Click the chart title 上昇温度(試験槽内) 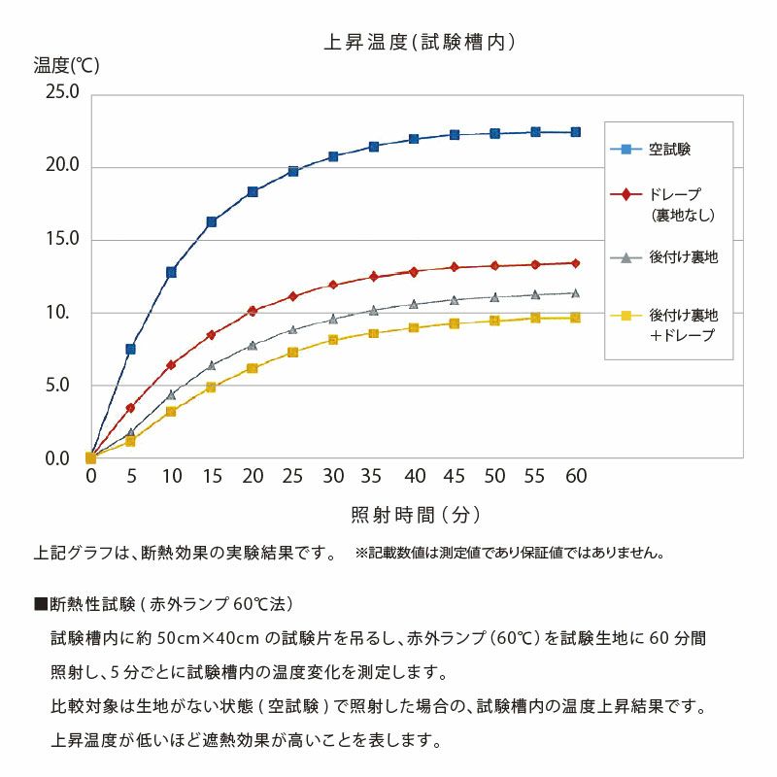[x=419, y=42]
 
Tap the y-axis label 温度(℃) [x=66, y=66]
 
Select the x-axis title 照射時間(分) [x=416, y=514]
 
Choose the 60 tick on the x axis [x=576, y=476]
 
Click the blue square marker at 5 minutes [x=130, y=349]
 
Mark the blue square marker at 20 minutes [x=253, y=191]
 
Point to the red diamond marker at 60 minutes [x=576, y=263]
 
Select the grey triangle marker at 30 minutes [x=333, y=319]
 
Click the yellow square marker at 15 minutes [x=211, y=387]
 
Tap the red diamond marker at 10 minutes [x=171, y=365]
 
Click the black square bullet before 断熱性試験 [x=41, y=604]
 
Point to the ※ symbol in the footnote [x=360, y=554]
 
